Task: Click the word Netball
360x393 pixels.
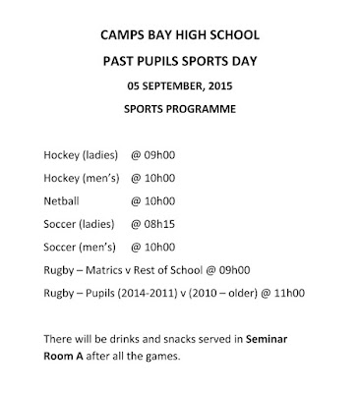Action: click(x=61, y=201)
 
